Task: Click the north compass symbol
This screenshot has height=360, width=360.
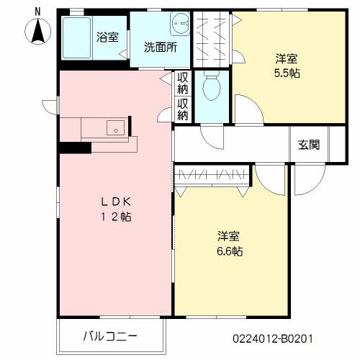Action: pos(38,32)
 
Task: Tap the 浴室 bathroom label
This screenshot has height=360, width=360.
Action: pos(107,37)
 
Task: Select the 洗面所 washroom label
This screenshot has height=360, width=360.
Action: pos(161,48)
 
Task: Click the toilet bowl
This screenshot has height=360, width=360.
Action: pos(212,89)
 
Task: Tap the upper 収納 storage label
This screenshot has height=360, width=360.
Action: pos(184,83)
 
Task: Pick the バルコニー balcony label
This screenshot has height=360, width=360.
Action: pos(110,336)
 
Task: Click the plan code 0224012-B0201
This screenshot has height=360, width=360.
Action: pos(273,337)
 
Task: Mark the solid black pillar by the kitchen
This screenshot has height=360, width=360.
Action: pos(75,148)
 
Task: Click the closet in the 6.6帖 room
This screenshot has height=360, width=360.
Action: pos(212,174)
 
